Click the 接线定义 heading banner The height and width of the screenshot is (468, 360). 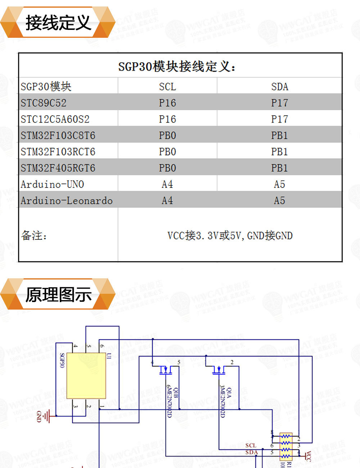coord(58,23)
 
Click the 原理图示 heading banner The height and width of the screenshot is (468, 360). coord(58,294)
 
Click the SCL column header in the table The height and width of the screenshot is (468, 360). coord(167,86)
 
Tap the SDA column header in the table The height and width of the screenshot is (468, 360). coord(279,86)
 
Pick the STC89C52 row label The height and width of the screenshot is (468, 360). coord(44,103)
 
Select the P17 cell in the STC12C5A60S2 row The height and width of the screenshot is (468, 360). coord(279,119)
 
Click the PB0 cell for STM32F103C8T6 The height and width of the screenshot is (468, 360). coord(167,135)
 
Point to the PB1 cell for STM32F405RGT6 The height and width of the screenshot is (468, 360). coord(279,168)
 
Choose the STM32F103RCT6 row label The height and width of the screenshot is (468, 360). coord(58,152)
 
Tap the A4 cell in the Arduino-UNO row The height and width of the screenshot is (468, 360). coord(167,184)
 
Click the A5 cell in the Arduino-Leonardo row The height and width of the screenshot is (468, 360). coord(279,201)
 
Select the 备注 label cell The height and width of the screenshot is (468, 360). coord(34,235)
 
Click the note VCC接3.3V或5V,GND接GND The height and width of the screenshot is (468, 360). coord(230,235)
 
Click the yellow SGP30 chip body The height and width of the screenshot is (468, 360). coord(86,375)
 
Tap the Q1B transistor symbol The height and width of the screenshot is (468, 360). coord(166,370)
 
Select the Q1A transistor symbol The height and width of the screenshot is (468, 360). coord(219,370)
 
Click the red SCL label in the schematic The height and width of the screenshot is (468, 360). coord(251,445)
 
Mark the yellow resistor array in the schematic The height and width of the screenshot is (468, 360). coord(285,446)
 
